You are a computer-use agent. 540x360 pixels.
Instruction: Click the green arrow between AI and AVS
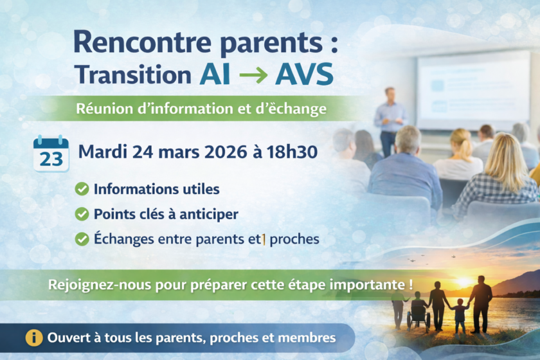253,75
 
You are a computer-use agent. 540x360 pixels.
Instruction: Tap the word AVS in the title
304,74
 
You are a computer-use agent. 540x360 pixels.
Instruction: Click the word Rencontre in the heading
142,42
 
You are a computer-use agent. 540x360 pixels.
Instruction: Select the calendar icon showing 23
51,153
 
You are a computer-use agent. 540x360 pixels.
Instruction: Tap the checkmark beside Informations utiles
82,189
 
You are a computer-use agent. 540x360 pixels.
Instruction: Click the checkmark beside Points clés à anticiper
82,214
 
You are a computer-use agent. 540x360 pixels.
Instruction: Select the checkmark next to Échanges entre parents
82,239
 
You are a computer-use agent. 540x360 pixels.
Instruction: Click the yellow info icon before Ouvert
33,337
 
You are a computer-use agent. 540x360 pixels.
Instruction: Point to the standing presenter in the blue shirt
390,121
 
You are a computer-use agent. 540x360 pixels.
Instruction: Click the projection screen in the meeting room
473,91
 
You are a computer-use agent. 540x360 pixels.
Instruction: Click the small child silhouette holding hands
459,315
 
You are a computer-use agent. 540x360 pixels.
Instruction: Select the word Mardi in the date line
103,152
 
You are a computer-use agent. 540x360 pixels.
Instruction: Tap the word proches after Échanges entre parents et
294,239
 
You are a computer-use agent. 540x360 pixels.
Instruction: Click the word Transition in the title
133,75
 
